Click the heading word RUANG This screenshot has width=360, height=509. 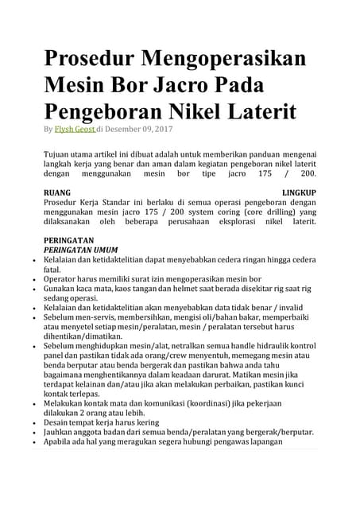[x=57, y=192]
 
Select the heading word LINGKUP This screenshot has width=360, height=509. [x=300, y=192]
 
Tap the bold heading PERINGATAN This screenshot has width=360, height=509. [x=68, y=239]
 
